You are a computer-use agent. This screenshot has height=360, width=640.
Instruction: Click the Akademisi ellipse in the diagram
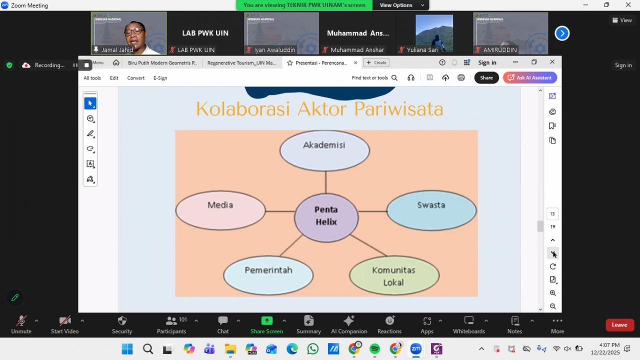[324, 150]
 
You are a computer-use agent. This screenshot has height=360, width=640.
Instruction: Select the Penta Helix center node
[326, 216]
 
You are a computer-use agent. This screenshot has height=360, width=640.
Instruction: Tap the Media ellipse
[220, 210]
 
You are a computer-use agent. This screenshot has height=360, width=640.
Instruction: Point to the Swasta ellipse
[431, 210]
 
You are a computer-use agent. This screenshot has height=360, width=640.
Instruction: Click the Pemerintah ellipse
[268, 274]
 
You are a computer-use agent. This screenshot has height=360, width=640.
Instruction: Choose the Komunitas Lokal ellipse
[394, 275]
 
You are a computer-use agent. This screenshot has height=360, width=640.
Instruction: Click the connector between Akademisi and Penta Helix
[325, 182]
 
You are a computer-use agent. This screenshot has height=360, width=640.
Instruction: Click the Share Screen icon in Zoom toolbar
[266, 321]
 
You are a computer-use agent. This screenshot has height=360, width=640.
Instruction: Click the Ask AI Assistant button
[530, 77]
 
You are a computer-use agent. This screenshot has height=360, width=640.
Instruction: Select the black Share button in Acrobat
[486, 77]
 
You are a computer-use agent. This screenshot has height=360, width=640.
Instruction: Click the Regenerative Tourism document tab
[241, 63]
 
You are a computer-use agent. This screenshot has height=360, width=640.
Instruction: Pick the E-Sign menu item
[160, 78]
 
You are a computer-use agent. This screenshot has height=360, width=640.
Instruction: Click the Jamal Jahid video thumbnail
[128, 33]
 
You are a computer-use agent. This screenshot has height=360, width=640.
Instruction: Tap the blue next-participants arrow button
[562, 33]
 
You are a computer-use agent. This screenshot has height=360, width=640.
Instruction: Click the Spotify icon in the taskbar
[374, 349]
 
